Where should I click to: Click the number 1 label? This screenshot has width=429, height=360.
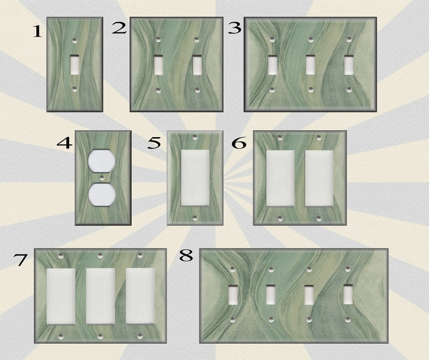tap(37, 31)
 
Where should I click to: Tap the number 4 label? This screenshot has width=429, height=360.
tap(65, 143)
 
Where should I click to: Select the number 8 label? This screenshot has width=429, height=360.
tap(186, 256)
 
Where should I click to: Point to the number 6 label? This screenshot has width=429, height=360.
tap(239, 143)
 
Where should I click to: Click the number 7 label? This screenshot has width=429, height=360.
tap(21, 260)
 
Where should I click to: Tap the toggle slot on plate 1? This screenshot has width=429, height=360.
tap(75, 65)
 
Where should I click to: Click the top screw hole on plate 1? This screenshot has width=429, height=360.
tap(75, 41)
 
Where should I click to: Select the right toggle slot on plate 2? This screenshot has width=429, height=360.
tap(197, 65)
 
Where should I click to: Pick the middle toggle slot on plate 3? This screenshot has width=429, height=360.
tap(310, 65)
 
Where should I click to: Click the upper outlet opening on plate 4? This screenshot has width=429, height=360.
tap(100, 161)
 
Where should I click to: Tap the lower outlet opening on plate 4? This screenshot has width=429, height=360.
tap(100, 194)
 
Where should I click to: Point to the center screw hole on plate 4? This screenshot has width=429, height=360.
tap(102, 178)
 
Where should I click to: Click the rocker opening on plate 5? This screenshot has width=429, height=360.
tap(195, 178)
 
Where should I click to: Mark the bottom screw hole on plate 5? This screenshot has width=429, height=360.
tap(195, 218)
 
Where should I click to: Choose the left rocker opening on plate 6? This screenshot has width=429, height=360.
tap(280, 178)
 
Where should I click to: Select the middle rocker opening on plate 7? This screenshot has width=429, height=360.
tap(100, 296)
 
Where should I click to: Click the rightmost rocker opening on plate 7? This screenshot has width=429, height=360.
tap(140, 296)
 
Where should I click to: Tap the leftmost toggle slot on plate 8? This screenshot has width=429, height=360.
tap(233, 295)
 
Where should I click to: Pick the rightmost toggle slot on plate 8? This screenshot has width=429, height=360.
tap(348, 295)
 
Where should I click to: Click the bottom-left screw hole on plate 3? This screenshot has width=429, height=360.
tap(272, 90)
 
